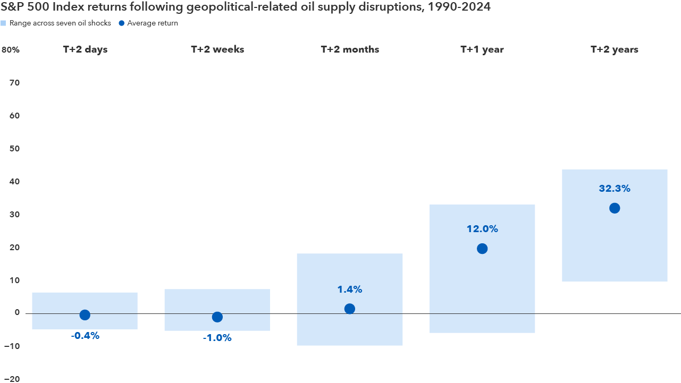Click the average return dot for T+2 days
click(x=85, y=315)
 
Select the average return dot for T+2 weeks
click(x=217, y=317)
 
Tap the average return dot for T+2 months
click(x=349, y=309)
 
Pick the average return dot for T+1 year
click(x=482, y=249)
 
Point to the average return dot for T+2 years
click(x=615, y=208)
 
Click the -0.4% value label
click(x=85, y=336)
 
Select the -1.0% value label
click(x=217, y=338)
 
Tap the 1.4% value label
click(x=349, y=290)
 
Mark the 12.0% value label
click(x=482, y=229)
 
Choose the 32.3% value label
click(x=615, y=189)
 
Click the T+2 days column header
click(x=85, y=49)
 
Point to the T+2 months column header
click(x=350, y=49)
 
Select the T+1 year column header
click(x=482, y=49)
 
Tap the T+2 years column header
click(x=615, y=49)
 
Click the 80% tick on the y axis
click(x=11, y=50)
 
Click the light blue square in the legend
click(x=4, y=23)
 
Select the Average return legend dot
click(x=121, y=23)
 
